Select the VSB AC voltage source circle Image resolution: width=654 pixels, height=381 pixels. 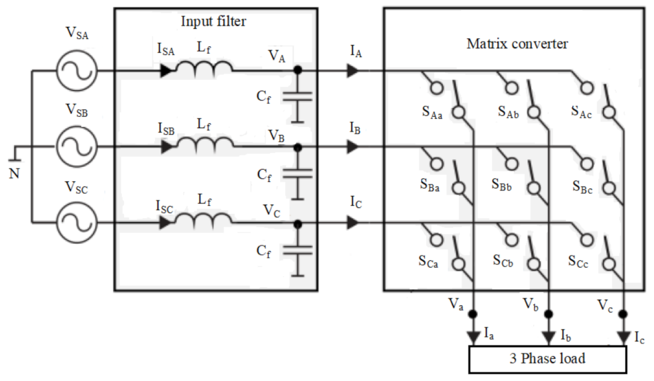[x=76, y=146]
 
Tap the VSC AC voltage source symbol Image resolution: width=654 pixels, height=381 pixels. [x=76, y=222]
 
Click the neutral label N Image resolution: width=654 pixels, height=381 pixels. [x=14, y=173]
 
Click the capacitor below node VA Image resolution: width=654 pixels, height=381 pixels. [x=298, y=97]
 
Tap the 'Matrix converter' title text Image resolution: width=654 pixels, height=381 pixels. [x=517, y=44]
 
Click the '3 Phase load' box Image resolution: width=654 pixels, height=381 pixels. [x=547, y=359]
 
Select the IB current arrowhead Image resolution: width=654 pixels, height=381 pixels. [x=352, y=146]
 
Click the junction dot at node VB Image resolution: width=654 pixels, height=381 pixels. [x=298, y=146]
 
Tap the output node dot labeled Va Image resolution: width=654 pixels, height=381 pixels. [x=473, y=313]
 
